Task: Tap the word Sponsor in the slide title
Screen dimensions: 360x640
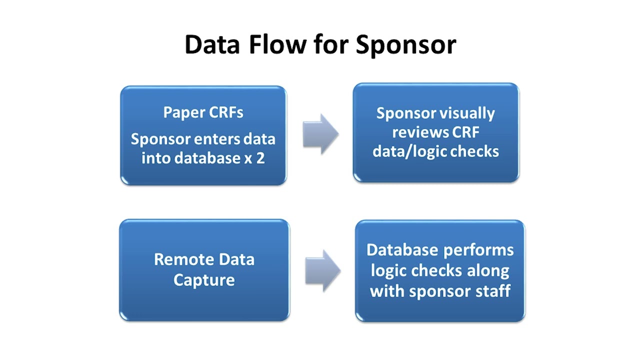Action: [405, 45]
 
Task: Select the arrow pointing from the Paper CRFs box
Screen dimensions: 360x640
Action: [320, 134]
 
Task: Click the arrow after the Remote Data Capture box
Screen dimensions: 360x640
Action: [322, 270]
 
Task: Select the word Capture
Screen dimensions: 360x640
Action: [204, 279]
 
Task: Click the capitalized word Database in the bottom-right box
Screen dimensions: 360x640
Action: [402, 249]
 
